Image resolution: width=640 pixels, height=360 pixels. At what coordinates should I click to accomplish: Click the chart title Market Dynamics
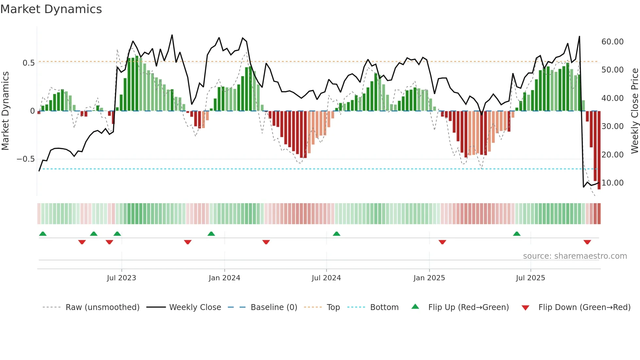coord(51,9)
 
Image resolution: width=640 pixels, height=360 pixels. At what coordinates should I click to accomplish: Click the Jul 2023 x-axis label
coord(121,278)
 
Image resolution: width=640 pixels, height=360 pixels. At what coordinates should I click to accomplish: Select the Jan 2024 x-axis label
coord(224,278)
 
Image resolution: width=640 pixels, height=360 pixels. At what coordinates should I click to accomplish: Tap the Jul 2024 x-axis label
coord(326,278)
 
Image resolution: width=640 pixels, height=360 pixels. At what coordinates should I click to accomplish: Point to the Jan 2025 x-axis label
coord(429,278)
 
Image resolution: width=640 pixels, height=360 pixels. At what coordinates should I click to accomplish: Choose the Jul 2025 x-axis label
coord(531,278)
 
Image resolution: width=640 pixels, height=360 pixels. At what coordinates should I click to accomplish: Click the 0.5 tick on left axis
coord(28,63)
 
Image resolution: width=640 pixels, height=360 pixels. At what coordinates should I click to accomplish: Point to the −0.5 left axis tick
coord(25,159)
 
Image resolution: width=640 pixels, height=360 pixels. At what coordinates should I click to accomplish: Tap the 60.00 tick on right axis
coord(613,42)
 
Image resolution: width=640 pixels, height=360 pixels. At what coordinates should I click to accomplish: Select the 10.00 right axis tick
coord(613,183)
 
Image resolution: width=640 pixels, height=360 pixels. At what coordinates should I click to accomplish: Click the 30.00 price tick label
coord(613,126)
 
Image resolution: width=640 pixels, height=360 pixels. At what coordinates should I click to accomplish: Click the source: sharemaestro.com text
coord(575,256)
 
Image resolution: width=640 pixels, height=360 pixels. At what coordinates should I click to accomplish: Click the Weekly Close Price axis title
coord(634,111)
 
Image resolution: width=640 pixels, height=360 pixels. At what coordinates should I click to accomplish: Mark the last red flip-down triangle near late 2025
coord(587,242)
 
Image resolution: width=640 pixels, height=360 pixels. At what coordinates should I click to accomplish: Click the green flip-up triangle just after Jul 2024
coord(337,234)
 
